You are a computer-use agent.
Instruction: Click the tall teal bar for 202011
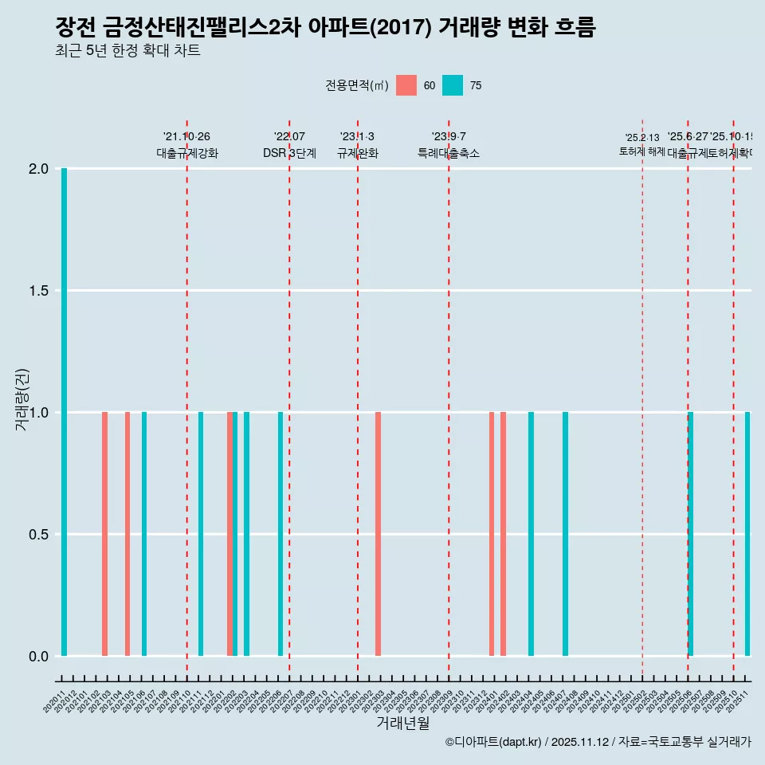[x=64, y=411]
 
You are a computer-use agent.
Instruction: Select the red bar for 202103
[x=104, y=534]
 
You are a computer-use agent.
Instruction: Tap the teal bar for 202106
[x=144, y=534]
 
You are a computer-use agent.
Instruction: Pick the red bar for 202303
[x=378, y=534]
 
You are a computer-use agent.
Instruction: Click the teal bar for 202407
[x=565, y=534]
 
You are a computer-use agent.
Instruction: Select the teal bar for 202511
[x=747, y=534]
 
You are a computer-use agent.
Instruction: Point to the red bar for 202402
[x=503, y=534]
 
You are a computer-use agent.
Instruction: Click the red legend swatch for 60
[x=406, y=85]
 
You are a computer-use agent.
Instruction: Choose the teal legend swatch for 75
[x=453, y=85]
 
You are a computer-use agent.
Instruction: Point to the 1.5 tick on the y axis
[x=38, y=291]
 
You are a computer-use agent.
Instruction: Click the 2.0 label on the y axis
[x=38, y=169]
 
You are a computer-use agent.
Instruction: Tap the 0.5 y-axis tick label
[x=38, y=534]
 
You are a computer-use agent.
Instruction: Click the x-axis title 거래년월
[x=402, y=724]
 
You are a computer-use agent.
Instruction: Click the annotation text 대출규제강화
[x=187, y=153]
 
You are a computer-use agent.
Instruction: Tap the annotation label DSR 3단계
[x=289, y=153]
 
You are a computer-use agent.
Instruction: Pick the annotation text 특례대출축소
[x=449, y=153]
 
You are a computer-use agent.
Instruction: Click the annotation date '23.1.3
[x=357, y=137]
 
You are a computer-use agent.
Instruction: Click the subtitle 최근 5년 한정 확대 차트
[x=127, y=51]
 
